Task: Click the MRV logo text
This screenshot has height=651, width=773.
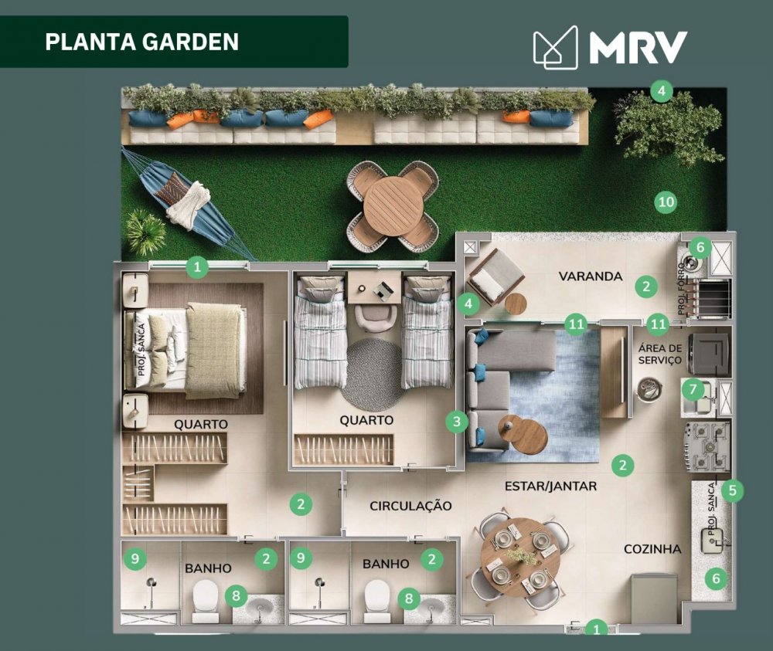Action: pyautogui.click(x=638, y=47)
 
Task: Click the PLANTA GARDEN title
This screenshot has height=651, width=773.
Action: pyautogui.click(x=142, y=42)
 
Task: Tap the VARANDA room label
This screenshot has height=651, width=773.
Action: pyautogui.click(x=590, y=276)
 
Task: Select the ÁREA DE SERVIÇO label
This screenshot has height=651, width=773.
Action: pyautogui.click(x=659, y=354)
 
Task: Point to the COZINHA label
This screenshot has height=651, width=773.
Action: pyautogui.click(x=652, y=548)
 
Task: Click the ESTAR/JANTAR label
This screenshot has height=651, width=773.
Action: pyautogui.click(x=550, y=487)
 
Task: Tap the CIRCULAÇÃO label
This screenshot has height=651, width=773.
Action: pyautogui.click(x=410, y=506)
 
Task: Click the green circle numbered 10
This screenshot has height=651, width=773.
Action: pyautogui.click(x=666, y=202)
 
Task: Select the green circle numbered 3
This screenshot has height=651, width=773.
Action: pyautogui.click(x=457, y=422)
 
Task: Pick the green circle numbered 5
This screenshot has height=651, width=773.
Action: pyautogui.click(x=732, y=490)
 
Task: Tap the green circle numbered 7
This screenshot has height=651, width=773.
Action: pyautogui.click(x=693, y=389)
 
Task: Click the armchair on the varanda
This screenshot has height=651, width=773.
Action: pyautogui.click(x=495, y=277)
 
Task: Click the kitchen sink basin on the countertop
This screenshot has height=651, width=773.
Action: pyautogui.click(x=713, y=541)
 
